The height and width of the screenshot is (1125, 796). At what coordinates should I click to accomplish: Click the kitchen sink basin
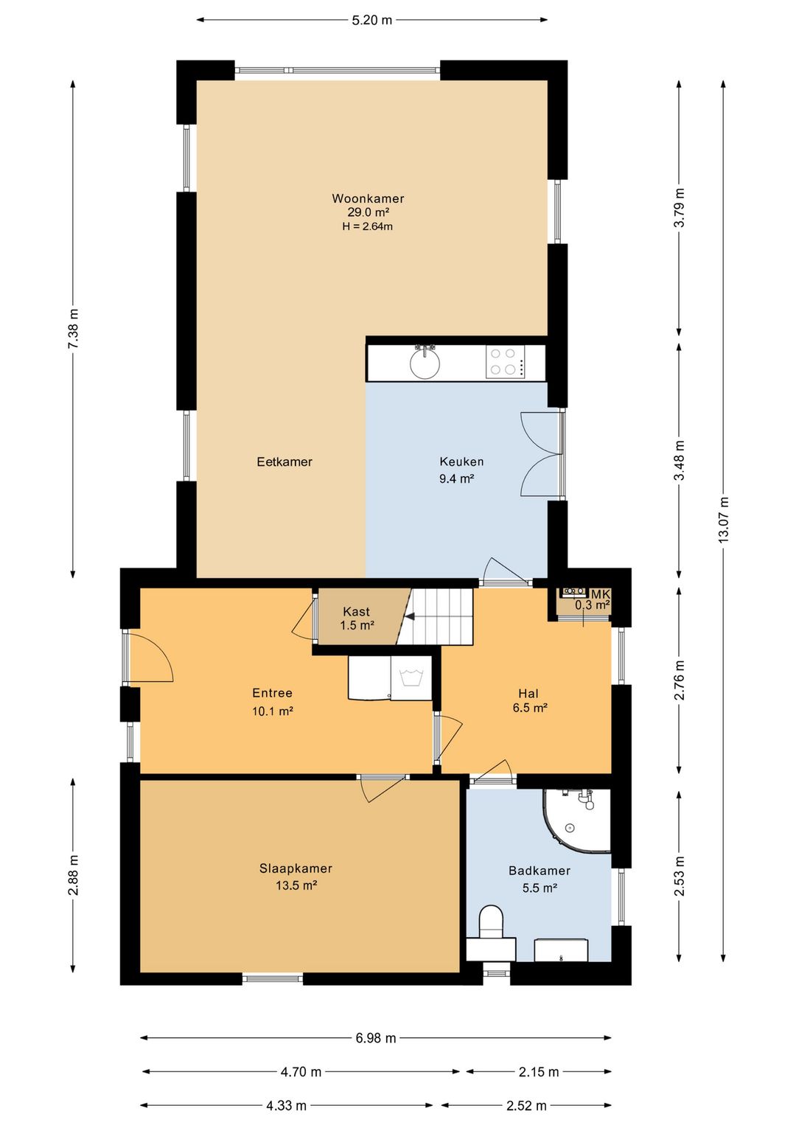[425, 363]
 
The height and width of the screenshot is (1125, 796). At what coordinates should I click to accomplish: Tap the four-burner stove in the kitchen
[505, 361]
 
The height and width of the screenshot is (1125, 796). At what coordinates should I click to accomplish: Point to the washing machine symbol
[411, 678]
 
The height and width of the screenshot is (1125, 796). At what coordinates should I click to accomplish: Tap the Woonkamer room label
[368, 198]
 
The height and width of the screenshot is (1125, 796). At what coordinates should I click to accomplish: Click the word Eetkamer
[284, 462]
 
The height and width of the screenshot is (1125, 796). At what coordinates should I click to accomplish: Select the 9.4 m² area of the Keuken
[456, 478]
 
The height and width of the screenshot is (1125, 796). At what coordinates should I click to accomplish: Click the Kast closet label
[356, 612]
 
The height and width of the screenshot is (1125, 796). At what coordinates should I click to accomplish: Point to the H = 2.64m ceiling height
[368, 226]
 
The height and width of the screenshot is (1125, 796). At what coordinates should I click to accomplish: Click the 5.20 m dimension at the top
[371, 20]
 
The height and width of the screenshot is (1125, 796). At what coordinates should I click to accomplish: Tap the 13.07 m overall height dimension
[723, 519]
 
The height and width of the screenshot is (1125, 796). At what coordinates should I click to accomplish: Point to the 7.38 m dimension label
[73, 329]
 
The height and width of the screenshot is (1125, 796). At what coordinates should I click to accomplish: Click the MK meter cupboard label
[601, 595]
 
